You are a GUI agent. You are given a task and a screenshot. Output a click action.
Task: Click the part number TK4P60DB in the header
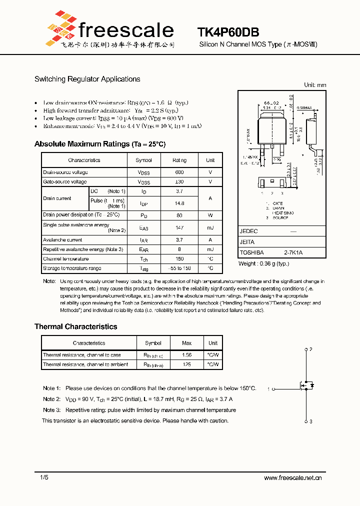[228, 32]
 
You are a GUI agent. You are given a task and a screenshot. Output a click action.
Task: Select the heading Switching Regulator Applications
[87, 79]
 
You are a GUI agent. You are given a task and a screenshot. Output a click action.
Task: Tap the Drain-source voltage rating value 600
[179, 172]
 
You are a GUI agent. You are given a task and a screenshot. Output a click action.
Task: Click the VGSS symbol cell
[144, 182]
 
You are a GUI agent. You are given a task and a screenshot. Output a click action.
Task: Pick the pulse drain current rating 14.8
[179, 203]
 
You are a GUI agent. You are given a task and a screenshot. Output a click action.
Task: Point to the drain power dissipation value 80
[179, 215]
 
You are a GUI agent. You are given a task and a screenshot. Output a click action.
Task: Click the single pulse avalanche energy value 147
[179, 228]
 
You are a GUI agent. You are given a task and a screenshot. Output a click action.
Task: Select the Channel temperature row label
[65, 259]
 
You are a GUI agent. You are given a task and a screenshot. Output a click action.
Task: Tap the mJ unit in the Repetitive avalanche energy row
[210, 249]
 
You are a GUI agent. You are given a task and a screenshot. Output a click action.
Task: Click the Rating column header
[179, 160]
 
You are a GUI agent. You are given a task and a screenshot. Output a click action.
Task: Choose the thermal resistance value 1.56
[186, 355]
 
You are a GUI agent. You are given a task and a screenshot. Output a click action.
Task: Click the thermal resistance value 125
[186, 364]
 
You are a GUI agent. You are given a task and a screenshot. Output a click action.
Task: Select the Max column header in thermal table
[186, 343]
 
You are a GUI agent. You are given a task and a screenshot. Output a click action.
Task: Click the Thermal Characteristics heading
[75, 326]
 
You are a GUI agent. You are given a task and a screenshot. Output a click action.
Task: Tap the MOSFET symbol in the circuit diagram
[306, 385]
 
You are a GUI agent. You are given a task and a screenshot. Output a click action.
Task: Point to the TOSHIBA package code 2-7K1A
[293, 253]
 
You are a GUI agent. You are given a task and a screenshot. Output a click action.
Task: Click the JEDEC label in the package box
[248, 231]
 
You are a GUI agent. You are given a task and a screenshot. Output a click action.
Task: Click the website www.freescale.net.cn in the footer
[292, 478]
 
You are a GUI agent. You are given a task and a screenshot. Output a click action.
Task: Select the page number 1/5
[44, 478]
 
